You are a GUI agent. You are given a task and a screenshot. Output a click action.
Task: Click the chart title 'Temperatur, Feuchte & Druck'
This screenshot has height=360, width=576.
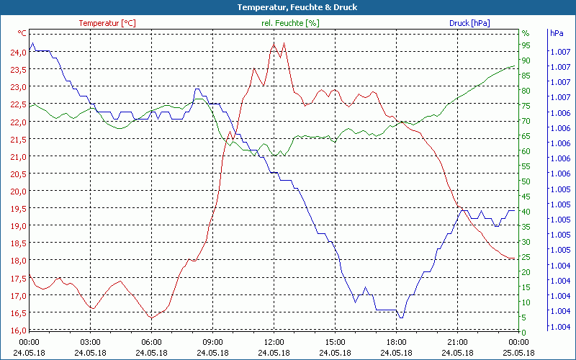[x=287, y=7]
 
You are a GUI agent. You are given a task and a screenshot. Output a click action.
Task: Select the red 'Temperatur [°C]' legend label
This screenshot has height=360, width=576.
[x=107, y=23]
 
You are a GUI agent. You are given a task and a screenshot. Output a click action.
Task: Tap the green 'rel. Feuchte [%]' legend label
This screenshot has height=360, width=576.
[x=290, y=23]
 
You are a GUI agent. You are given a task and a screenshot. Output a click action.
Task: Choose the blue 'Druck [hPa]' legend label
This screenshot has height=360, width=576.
[x=469, y=23]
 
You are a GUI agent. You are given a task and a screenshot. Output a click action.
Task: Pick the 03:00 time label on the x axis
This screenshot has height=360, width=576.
[x=90, y=342]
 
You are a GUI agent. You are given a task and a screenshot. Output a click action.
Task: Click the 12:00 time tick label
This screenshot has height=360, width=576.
[x=274, y=342]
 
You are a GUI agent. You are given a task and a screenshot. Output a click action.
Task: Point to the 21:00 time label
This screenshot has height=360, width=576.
[x=457, y=342]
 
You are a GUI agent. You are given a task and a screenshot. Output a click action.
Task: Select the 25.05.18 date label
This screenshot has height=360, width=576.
[x=518, y=353]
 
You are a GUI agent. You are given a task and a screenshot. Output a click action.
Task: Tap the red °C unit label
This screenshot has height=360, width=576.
[x=22, y=33]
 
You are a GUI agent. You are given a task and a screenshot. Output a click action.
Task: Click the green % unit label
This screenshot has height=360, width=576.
[x=525, y=33]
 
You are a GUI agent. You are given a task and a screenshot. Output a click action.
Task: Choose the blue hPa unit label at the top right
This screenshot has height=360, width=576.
[x=557, y=33]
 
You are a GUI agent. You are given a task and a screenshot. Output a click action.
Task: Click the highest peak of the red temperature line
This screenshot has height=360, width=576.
[x=274, y=43]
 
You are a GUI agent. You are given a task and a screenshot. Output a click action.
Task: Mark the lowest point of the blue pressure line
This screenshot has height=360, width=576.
[x=401, y=318]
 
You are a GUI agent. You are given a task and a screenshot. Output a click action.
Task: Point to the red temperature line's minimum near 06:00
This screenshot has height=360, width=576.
[x=150, y=318]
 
